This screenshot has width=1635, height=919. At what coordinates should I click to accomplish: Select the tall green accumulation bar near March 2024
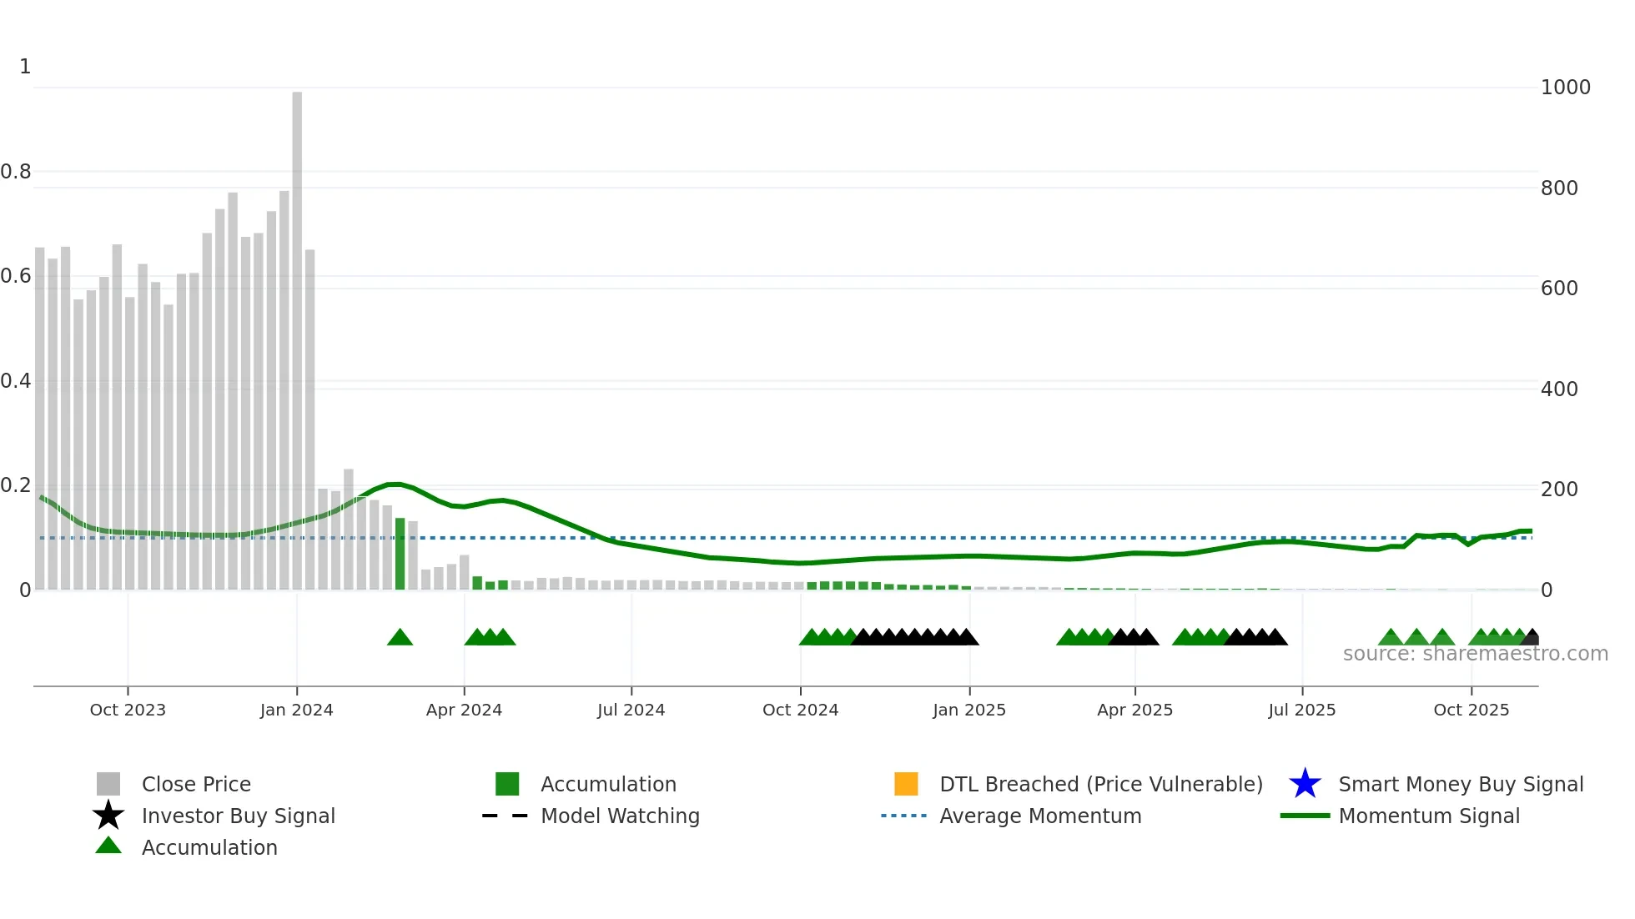coord(400,554)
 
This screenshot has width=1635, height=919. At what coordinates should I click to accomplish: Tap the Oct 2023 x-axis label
coord(128,710)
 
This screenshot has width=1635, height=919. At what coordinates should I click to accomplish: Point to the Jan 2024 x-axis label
coord(296,710)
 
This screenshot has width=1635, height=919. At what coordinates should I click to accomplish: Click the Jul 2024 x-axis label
coord(631,710)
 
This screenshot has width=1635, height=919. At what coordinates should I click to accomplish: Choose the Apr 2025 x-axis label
coord(1134,710)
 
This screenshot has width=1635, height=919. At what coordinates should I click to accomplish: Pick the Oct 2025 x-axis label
coord(1471,710)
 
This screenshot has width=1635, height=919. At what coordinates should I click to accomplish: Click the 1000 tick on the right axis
coord(1565,88)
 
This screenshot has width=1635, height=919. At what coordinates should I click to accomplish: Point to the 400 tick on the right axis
coord(1559,389)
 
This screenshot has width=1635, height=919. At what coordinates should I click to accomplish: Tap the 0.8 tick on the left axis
coord(16,172)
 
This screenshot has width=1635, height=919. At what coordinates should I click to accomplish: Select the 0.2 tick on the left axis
coord(16,485)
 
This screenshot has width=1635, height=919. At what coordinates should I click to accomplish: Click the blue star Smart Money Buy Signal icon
coord(1305,784)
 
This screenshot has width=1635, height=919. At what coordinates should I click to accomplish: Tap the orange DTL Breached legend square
coord(906,784)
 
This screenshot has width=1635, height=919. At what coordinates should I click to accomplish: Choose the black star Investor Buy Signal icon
coord(108,816)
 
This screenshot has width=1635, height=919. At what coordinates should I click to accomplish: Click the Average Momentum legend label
coord(1040,816)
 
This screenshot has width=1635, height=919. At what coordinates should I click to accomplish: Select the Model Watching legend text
coord(620,816)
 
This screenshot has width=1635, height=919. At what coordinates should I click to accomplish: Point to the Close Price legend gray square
coord(108,784)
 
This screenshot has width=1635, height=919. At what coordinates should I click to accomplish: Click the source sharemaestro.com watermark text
coord(1475,654)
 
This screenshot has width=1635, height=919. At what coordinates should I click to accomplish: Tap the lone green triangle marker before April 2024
coord(400,638)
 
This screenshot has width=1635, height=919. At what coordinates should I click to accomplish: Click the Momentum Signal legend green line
coord(1305,816)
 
